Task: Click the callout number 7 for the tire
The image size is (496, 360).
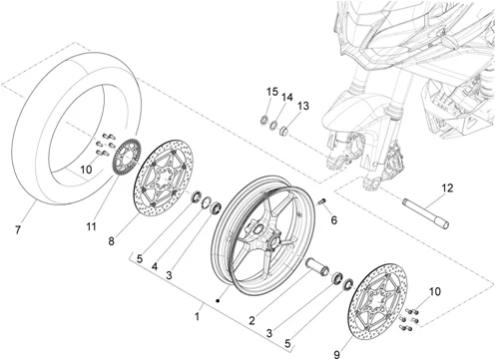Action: click(18, 229)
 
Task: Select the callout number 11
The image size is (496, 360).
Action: click(91, 227)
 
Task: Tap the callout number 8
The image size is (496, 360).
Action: click(111, 241)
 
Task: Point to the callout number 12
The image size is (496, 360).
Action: click(448, 188)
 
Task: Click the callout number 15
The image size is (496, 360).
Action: click(272, 92)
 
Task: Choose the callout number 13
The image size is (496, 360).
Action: click(303, 106)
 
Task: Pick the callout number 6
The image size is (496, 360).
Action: click(333, 220)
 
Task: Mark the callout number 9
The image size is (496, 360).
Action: click(336, 354)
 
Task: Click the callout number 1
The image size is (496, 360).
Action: click(198, 316)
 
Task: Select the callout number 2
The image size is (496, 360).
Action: click(251, 321)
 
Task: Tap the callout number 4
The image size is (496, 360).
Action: click(155, 266)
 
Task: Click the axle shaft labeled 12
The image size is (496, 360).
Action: click(426, 213)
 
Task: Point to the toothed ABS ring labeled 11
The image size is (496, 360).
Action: click(128, 158)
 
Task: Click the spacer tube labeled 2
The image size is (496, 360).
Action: click(317, 267)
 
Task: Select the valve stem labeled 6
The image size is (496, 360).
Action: click(322, 201)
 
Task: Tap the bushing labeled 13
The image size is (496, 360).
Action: click(283, 132)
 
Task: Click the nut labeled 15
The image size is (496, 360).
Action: click(263, 120)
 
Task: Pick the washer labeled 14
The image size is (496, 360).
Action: click(273, 126)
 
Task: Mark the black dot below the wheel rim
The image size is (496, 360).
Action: click(218, 301)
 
